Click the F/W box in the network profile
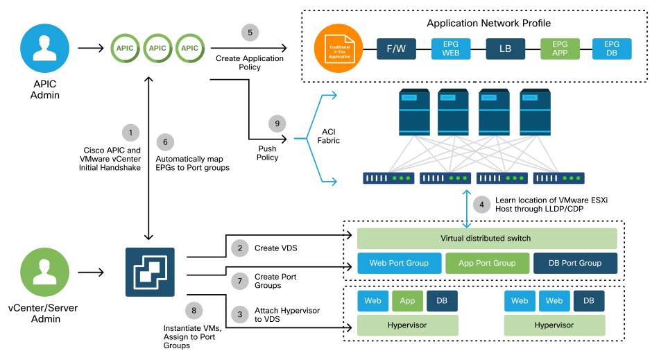(395, 49)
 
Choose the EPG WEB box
(450, 49)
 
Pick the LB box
(505, 49)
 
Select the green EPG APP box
(559, 49)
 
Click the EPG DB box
(611, 49)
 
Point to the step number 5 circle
(249, 33)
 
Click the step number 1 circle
(128, 132)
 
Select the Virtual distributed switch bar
(486, 239)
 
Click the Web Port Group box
(399, 263)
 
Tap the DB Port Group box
(574, 263)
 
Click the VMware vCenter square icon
(151, 272)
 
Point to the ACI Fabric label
(329, 136)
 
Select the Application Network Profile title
(488, 24)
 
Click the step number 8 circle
(195, 309)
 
